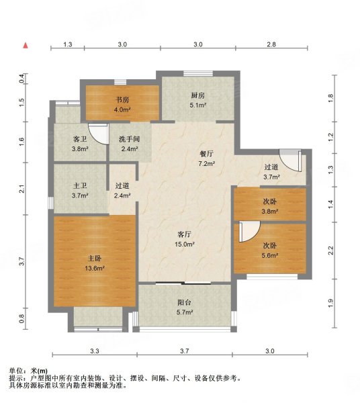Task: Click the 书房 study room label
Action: point(122,99)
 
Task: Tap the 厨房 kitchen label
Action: point(197,95)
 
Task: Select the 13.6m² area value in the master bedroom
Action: point(95,268)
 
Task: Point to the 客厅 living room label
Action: point(185,234)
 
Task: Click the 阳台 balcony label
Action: point(185,302)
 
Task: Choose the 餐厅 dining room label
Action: point(206,154)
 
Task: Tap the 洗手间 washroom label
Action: point(129,139)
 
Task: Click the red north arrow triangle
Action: point(26,46)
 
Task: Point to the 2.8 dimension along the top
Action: point(271,44)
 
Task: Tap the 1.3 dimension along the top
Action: point(68,44)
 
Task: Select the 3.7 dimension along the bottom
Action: point(184,351)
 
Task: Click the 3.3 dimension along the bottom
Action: point(95,351)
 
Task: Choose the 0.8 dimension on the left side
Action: point(22,318)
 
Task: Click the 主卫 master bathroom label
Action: point(80,185)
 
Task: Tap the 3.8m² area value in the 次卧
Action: point(270,212)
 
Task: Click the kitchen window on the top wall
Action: point(198,73)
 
